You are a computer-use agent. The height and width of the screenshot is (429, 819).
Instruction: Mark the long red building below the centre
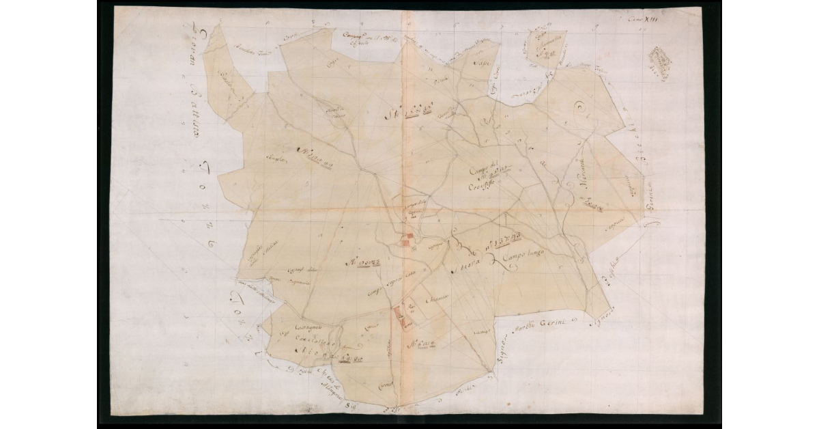point(398,320)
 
